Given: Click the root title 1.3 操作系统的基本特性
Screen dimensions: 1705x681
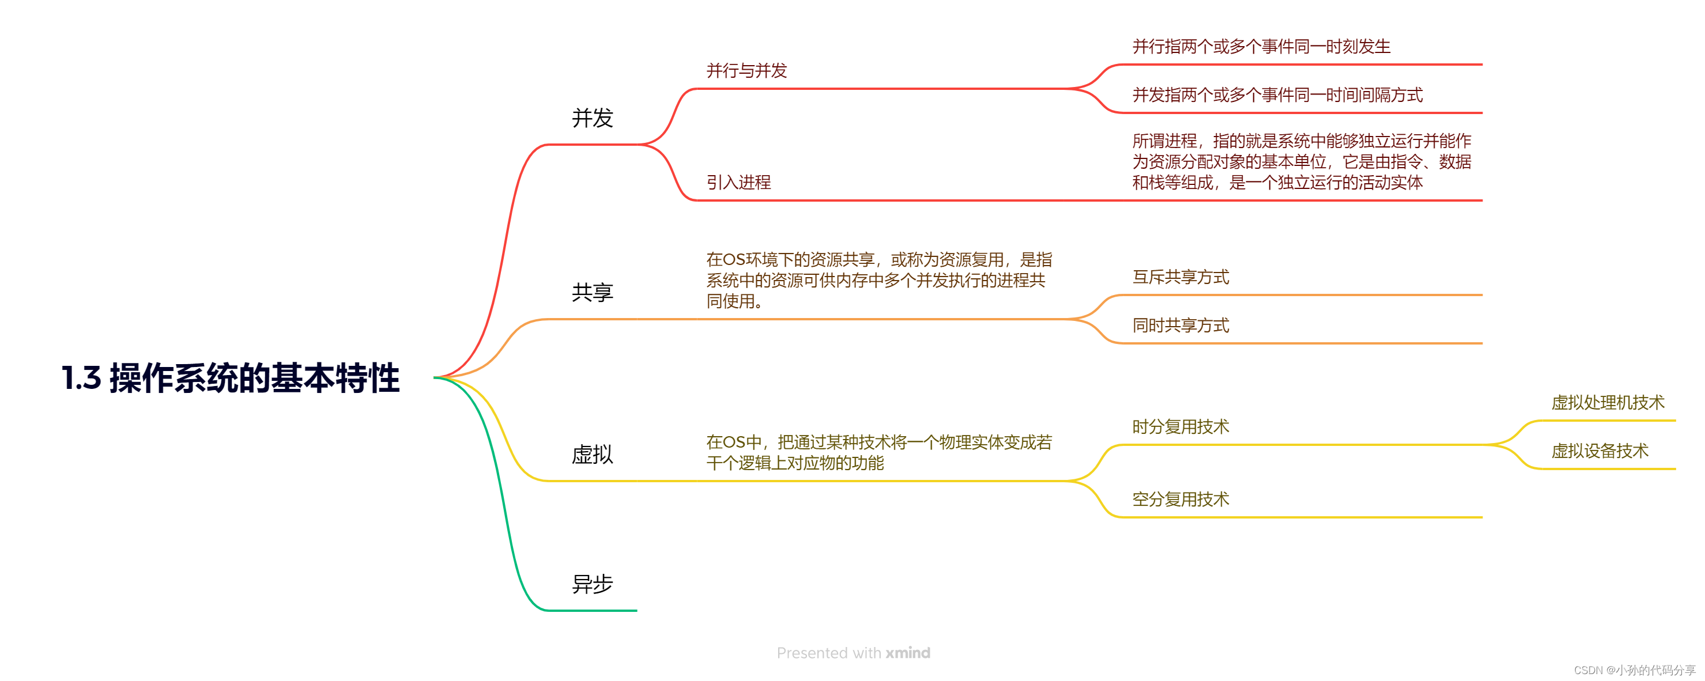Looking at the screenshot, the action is pyautogui.click(x=231, y=378).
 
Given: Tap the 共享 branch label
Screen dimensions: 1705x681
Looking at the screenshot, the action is pyautogui.click(x=593, y=293).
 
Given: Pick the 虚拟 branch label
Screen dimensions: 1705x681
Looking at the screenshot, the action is pyautogui.click(x=593, y=455).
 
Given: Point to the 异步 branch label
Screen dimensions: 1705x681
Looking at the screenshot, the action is pyautogui.click(x=593, y=584).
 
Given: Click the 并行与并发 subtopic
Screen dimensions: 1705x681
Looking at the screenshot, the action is pyautogui.click(x=746, y=71).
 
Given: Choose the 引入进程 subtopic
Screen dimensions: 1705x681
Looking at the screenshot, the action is pyautogui.click(x=738, y=182).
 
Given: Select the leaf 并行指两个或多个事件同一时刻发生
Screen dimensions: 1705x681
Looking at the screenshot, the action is pyautogui.click(x=1261, y=46).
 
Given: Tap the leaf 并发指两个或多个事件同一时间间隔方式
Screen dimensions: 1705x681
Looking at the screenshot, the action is pyautogui.click(x=1277, y=95).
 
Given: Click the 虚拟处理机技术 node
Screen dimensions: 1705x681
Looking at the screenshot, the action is pyautogui.click(x=1607, y=402).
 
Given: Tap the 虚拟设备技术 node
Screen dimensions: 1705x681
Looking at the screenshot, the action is pyautogui.click(x=1599, y=451).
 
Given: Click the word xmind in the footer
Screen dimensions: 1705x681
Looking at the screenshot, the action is pyautogui.click(x=907, y=653).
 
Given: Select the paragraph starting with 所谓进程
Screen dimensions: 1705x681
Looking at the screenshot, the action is pyautogui.click(x=1302, y=161).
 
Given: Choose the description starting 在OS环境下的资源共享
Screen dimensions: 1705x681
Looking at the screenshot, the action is pyautogui.click(x=878, y=280).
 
